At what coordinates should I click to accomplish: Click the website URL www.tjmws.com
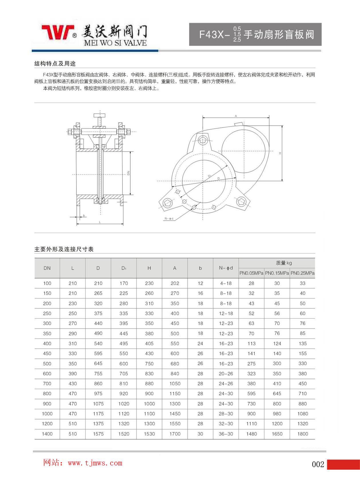[x=95, y=463]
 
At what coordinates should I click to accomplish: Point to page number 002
[x=318, y=464]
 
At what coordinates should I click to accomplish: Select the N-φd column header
[x=226, y=268]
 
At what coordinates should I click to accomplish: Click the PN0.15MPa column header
[x=277, y=273]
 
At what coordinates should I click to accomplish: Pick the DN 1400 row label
[x=47, y=434]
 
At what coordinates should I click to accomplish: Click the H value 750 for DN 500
[x=149, y=364]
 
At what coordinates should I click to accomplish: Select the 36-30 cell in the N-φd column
[x=226, y=434]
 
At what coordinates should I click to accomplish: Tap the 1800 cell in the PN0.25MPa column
[x=302, y=434]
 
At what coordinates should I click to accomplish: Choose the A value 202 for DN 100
[x=175, y=283]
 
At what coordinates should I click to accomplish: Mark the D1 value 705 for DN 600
[x=124, y=374]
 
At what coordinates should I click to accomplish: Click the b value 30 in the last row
[x=200, y=434]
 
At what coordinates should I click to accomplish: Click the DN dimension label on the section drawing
[x=128, y=173]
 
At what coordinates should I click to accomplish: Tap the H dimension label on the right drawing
[x=280, y=154]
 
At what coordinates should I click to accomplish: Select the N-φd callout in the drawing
[x=169, y=219]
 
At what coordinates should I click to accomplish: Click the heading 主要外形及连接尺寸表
[x=64, y=249]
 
